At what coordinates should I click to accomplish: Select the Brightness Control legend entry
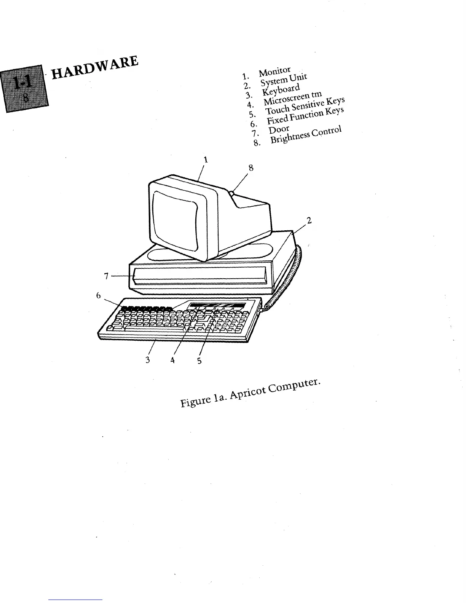[306, 135]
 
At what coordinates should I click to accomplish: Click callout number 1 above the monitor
[206, 160]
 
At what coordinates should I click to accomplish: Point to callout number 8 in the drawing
[251, 167]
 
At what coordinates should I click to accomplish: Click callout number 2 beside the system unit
[309, 220]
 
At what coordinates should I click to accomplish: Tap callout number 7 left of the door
[107, 276]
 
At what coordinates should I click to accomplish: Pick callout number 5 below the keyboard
[199, 360]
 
